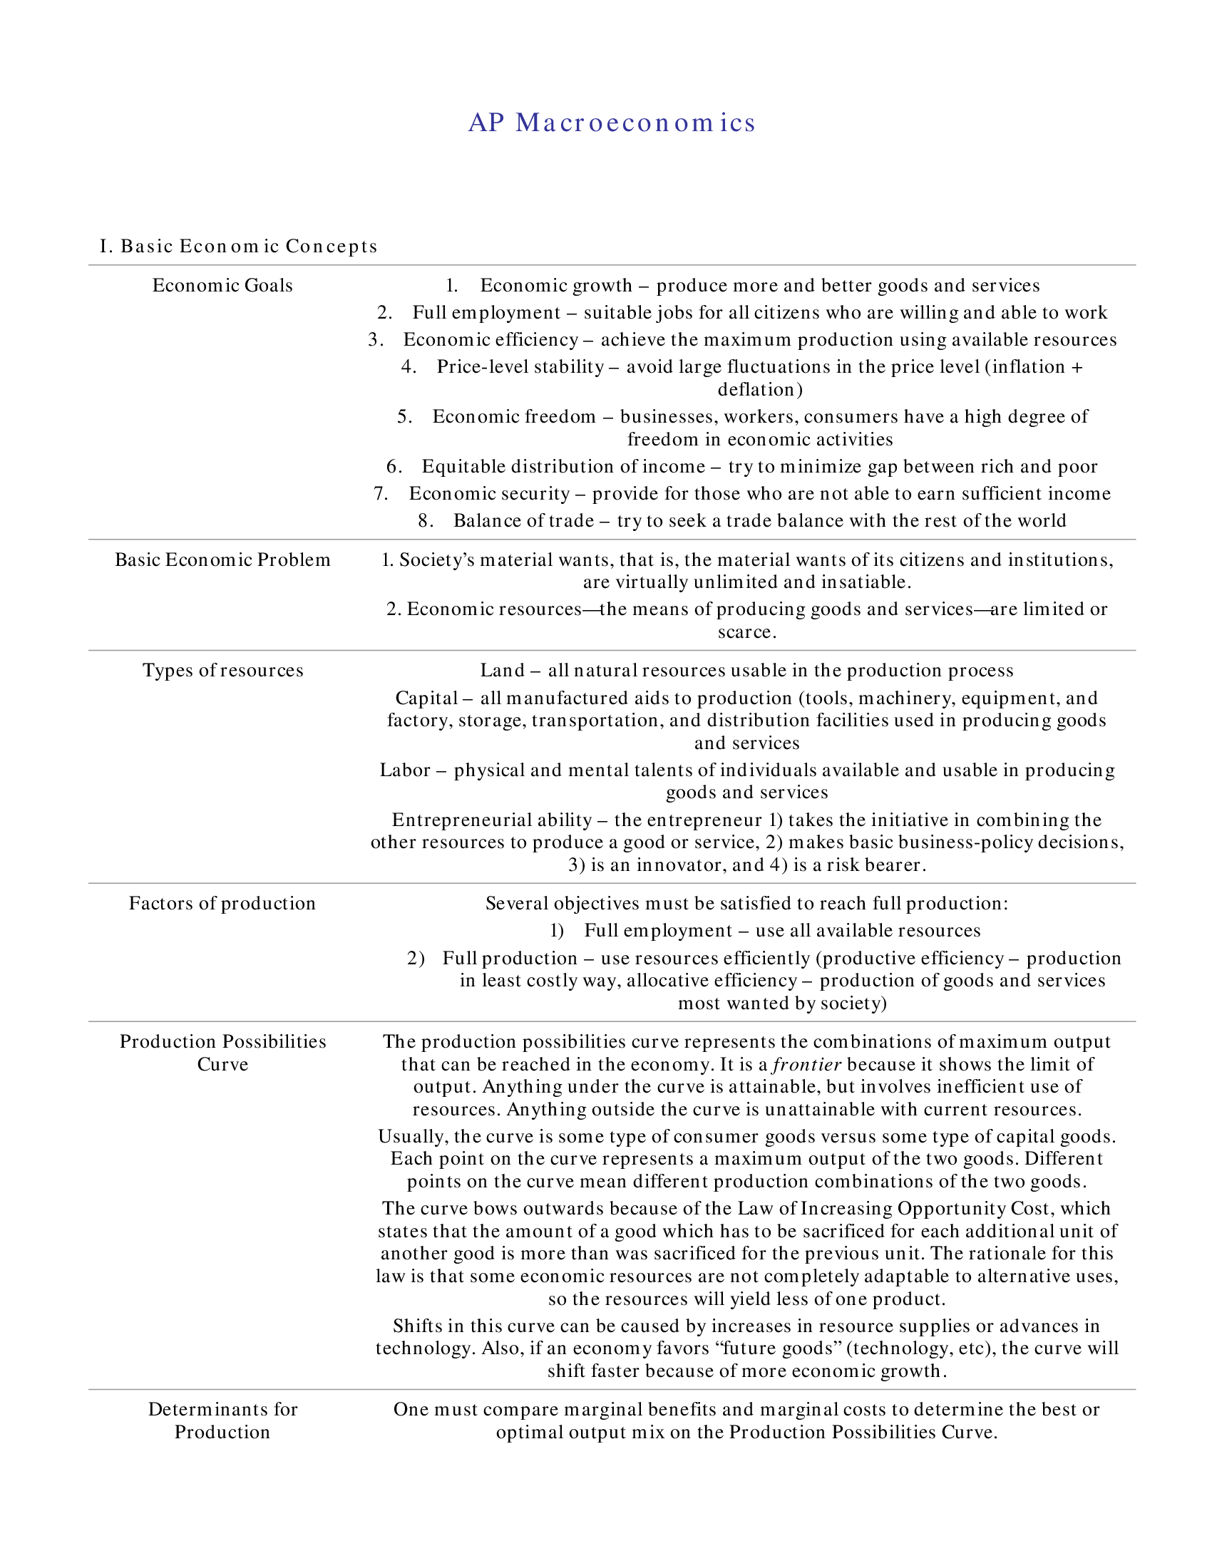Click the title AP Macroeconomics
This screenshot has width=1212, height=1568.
[x=612, y=123]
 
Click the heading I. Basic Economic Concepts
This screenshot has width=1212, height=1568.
[x=238, y=247]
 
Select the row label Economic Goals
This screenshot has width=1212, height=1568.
[x=222, y=286]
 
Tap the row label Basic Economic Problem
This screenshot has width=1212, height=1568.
[x=222, y=560]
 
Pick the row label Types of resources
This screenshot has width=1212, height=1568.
[x=222, y=671]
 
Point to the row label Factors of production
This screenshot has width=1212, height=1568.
[x=222, y=903]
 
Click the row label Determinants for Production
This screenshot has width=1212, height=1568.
[x=222, y=1420]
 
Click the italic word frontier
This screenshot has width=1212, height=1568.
[x=806, y=1064]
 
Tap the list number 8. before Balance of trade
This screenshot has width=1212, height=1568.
[x=426, y=520]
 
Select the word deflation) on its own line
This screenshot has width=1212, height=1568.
[x=760, y=389]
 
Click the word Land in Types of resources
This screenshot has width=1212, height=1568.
[x=502, y=671]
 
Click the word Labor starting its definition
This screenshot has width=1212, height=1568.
[x=405, y=770]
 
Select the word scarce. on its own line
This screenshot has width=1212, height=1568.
[x=746, y=631]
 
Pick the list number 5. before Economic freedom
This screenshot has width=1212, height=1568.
[x=404, y=417]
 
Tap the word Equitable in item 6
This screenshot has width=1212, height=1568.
[x=464, y=467]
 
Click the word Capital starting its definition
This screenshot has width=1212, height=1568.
[x=426, y=698]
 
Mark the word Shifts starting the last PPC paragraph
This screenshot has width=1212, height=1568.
[x=417, y=1326]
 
